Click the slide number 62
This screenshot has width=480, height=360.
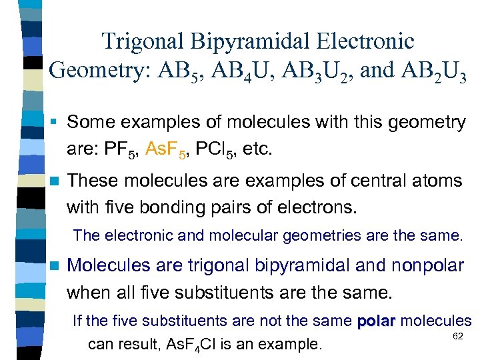(x=457, y=336)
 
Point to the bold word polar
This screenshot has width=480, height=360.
(x=377, y=321)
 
